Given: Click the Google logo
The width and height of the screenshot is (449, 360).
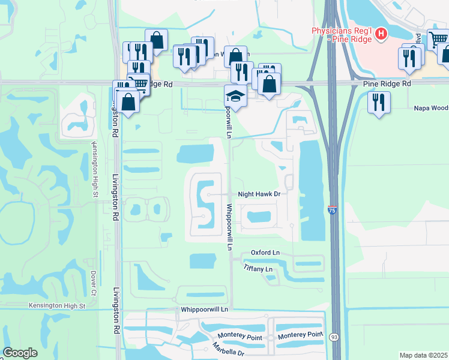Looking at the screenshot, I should point(20,353).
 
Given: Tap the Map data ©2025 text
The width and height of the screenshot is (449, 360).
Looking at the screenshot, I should point(423,355).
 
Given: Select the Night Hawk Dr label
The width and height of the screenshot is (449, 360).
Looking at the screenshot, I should point(259,194).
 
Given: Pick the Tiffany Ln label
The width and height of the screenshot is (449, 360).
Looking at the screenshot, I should point(259,269).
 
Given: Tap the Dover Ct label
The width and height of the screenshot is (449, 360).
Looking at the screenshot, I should point(94,284).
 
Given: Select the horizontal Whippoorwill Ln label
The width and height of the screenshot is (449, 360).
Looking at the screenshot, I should point(205,309).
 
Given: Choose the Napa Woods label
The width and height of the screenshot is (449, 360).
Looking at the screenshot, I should point(431,109).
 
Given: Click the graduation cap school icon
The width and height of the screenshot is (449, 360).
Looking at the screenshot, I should point(235,95).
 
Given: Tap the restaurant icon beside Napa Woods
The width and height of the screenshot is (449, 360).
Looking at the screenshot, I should point(379,100).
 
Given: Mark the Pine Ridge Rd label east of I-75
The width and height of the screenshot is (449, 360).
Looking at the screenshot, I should point(387,84).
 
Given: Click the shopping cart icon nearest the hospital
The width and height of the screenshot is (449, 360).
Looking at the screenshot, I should point(438,39).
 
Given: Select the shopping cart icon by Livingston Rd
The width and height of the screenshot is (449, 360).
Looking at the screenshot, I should point(138,84).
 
